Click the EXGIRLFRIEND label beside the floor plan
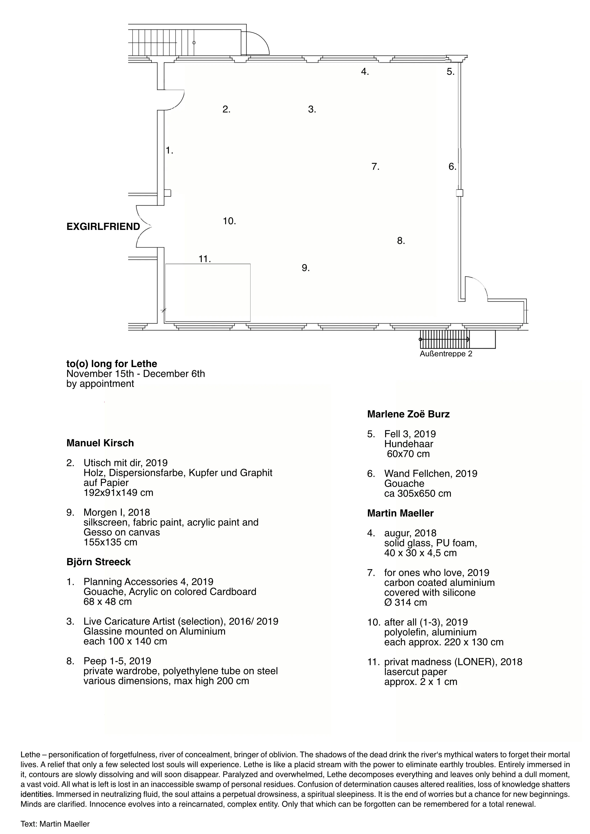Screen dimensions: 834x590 [x=103, y=227]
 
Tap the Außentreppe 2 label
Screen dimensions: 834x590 [x=446, y=354]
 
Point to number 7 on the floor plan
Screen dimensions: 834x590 [x=375, y=167]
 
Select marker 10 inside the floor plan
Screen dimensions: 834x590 [x=229, y=221]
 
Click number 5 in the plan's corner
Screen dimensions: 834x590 [x=450, y=72]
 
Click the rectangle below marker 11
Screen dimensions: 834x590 [x=208, y=293]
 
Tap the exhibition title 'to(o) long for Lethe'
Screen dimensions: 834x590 [x=112, y=364]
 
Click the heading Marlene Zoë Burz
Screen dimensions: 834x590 [x=408, y=414]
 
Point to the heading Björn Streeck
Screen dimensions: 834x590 [x=98, y=562]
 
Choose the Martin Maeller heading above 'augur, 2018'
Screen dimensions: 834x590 [x=400, y=513]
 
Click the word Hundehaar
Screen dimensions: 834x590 [x=409, y=444]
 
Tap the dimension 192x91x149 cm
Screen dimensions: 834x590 [x=118, y=493]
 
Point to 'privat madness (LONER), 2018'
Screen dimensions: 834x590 [x=453, y=662]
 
